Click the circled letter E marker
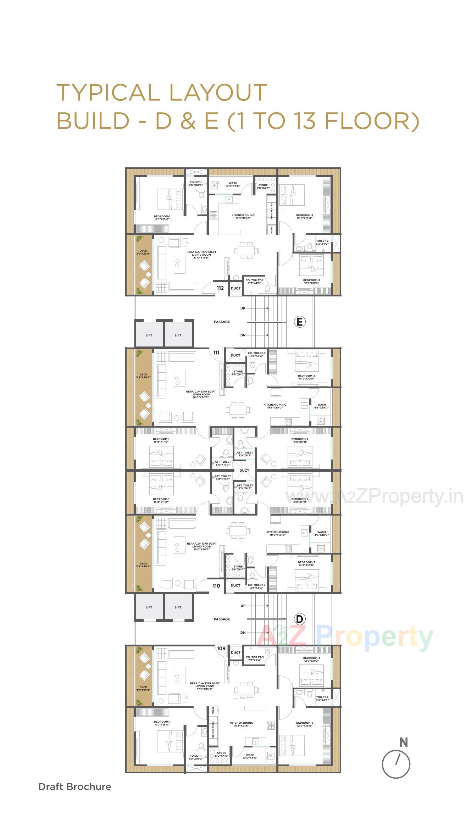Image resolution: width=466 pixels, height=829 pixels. [300, 322]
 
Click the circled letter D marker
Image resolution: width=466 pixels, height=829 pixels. [300, 619]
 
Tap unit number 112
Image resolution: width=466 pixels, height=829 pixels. [220, 288]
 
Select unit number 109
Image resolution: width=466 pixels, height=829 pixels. [221, 648]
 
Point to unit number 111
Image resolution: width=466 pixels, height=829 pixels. [216, 352]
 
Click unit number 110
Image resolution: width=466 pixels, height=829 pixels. [216, 586]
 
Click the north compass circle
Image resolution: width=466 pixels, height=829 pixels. [396, 764]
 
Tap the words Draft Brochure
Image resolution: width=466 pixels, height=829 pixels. [75, 786]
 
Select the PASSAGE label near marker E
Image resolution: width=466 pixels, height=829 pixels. [222, 322]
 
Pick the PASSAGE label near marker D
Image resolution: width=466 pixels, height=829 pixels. [222, 619]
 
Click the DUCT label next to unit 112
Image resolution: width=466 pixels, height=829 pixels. [235, 288]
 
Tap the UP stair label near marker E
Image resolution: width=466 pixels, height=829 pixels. [243, 308]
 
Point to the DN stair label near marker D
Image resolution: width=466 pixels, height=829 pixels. [243, 633]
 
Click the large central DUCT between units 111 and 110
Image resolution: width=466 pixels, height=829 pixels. [244, 471]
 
